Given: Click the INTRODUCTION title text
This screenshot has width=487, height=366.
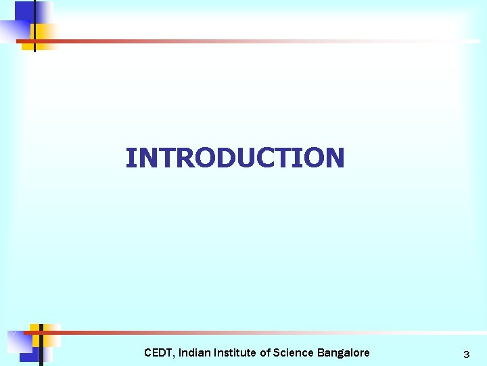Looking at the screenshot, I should (x=235, y=158).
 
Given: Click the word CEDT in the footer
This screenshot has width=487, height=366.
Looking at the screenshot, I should (x=158, y=352).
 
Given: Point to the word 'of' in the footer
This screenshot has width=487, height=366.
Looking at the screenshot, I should (x=265, y=352).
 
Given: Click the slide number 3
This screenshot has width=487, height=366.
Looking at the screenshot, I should (x=466, y=354).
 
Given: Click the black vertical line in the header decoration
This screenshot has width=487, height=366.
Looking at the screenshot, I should (x=34, y=27).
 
